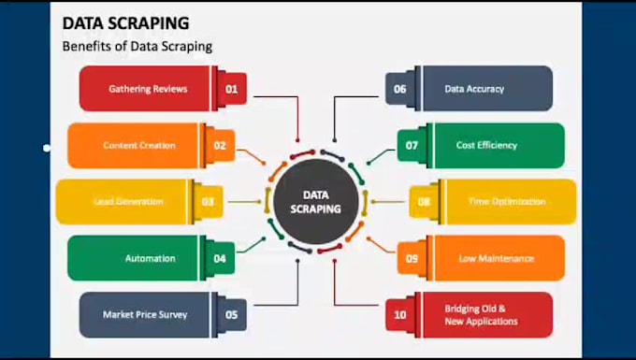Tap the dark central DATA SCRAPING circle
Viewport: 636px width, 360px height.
pyautogui.click(x=308, y=201)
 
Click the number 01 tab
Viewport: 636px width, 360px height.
pyautogui.click(x=232, y=89)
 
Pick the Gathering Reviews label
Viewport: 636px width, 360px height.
pyautogui.click(x=148, y=89)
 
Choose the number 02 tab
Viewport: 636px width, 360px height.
pyautogui.click(x=220, y=145)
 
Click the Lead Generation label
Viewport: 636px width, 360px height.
pyautogui.click(x=128, y=201)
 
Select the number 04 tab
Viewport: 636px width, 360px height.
pyautogui.click(x=220, y=258)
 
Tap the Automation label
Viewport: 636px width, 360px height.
pyautogui.click(x=150, y=258)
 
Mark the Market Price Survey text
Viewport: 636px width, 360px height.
pyautogui.click(x=145, y=314)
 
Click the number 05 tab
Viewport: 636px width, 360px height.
pyautogui.click(x=232, y=314)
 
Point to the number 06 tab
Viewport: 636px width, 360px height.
pyautogui.click(x=399, y=89)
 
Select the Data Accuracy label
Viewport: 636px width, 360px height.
pyautogui.click(x=474, y=89)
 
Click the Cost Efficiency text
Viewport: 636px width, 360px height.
pyautogui.click(x=486, y=145)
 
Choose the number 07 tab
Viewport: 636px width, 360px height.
pyautogui.click(x=412, y=145)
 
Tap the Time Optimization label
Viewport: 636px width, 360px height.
pyautogui.click(x=499, y=201)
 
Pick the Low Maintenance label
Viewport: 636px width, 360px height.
pyautogui.click(x=497, y=258)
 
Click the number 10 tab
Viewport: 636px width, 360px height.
pyautogui.click(x=399, y=314)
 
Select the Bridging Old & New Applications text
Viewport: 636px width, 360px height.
pyautogui.click(x=481, y=314)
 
